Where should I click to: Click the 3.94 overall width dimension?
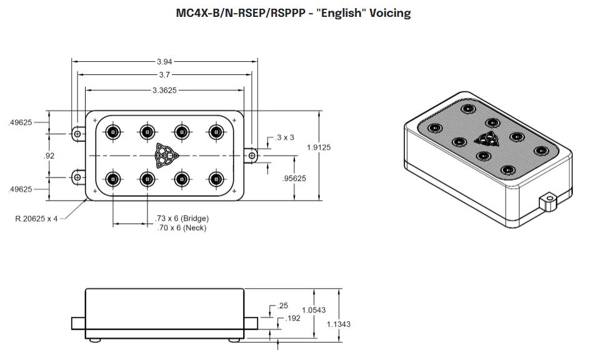(x=164, y=62)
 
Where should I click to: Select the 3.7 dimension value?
(x=164, y=74)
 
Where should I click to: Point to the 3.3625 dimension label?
(x=164, y=90)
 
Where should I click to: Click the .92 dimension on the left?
(x=49, y=156)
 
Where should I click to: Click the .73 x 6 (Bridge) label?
(x=182, y=219)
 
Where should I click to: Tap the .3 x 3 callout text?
(x=284, y=137)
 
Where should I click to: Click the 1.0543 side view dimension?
(x=313, y=310)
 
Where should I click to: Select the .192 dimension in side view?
(x=292, y=318)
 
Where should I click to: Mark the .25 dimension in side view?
(x=282, y=306)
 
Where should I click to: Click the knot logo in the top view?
(x=165, y=155)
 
